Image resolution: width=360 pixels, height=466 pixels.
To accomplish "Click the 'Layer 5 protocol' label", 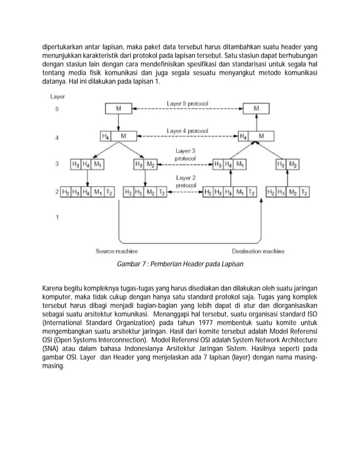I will [x=187, y=104].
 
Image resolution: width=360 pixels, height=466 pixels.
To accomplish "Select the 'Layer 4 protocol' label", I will [x=187, y=131].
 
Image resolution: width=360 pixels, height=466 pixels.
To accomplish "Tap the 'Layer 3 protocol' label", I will [x=186, y=155].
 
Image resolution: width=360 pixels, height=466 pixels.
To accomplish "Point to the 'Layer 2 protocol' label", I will [x=186, y=181].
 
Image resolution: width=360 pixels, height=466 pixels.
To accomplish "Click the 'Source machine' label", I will [x=116, y=251].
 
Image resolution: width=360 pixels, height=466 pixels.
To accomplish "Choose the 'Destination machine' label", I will [x=258, y=251].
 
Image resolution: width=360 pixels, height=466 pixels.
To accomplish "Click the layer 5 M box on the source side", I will [x=117, y=108].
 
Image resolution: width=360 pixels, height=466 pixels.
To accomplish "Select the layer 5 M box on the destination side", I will [x=257, y=108].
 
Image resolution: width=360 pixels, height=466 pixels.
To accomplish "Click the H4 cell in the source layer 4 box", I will [x=106, y=137].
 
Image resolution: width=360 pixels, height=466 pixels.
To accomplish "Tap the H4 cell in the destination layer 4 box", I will [x=243, y=137].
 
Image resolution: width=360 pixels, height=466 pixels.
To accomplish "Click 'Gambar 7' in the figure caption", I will [x=129, y=263].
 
